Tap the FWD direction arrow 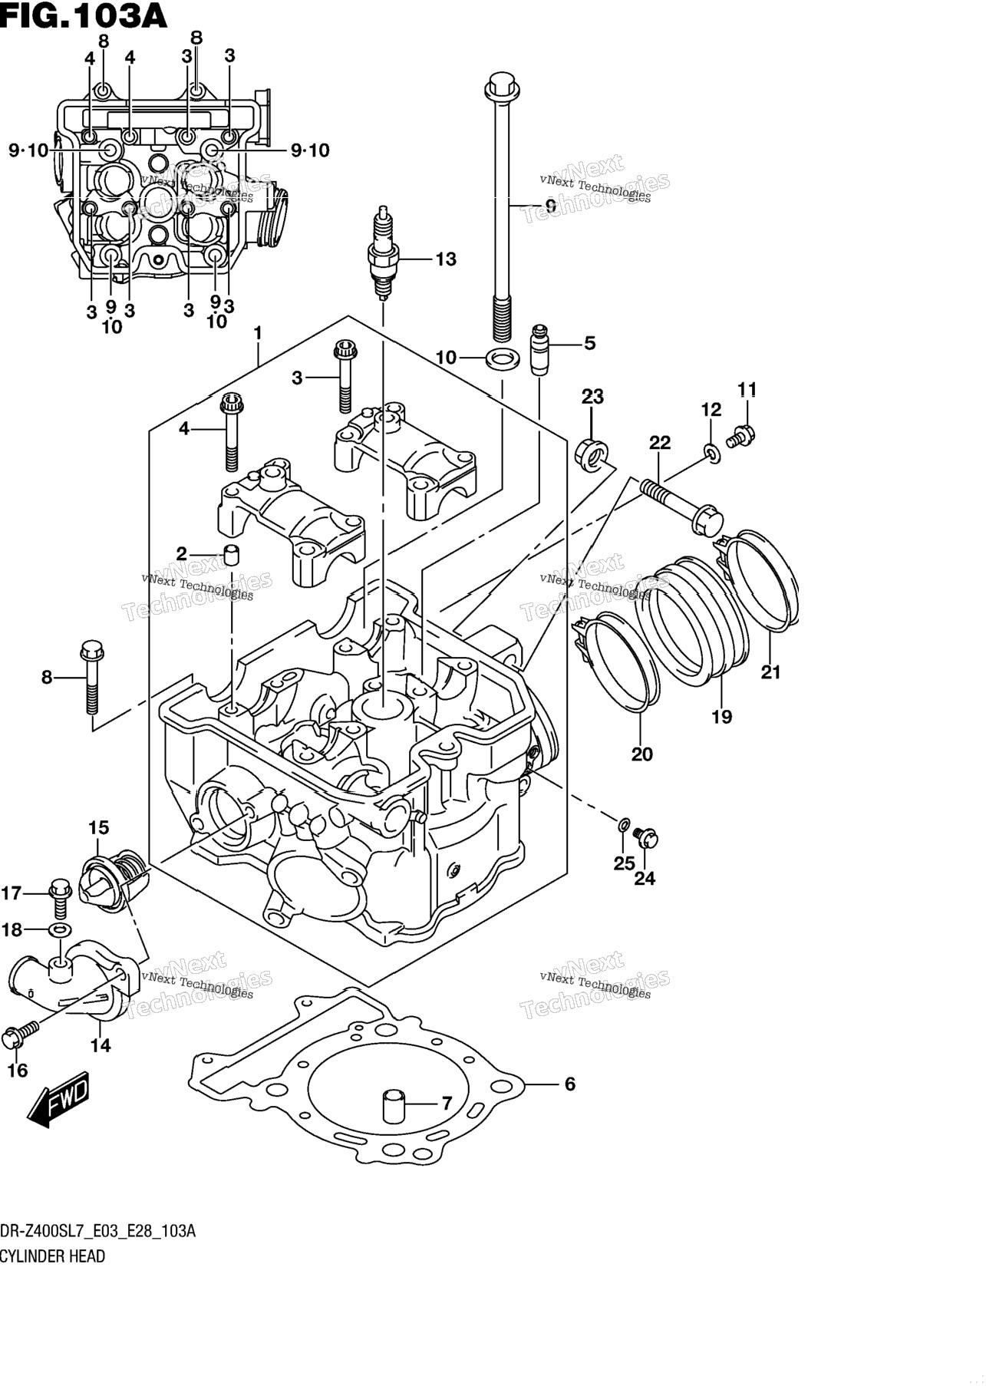pos(58,1099)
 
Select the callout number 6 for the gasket pos(569,1084)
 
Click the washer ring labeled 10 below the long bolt pos(501,357)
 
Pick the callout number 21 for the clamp pos(770,672)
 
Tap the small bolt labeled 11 pos(740,436)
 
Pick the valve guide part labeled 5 pos(540,348)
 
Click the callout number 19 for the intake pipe pos(721,717)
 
